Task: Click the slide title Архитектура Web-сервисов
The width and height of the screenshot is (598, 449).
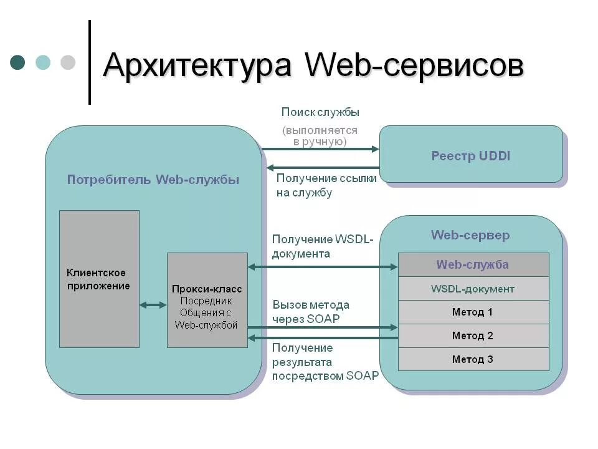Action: (313, 65)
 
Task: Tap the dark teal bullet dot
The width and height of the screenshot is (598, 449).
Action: (18, 62)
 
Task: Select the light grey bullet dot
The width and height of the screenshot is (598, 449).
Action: (67, 62)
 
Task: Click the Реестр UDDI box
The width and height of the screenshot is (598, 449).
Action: (471, 155)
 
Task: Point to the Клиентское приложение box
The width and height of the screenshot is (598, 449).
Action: (99, 279)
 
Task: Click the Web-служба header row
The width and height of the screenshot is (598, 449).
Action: (473, 264)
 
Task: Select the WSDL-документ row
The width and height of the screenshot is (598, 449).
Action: (473, 289)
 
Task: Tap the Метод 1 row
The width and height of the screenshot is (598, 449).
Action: (473, 312)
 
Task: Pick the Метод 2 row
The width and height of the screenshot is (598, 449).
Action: (473, 336)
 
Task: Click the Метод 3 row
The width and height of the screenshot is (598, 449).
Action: (473, 359)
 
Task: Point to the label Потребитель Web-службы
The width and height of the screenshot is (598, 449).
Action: (153, 180)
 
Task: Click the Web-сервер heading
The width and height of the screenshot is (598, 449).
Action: (470, 235)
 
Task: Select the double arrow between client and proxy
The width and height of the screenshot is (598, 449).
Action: (153, 305)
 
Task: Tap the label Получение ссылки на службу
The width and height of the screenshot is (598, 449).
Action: (326, 185)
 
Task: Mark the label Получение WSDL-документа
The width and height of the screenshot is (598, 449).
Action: (322, 247)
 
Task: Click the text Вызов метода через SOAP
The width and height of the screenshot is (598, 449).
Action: (310, 312)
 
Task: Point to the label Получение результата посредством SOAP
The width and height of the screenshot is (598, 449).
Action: (325, 362)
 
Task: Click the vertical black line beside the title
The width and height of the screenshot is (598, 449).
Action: (90, 62)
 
